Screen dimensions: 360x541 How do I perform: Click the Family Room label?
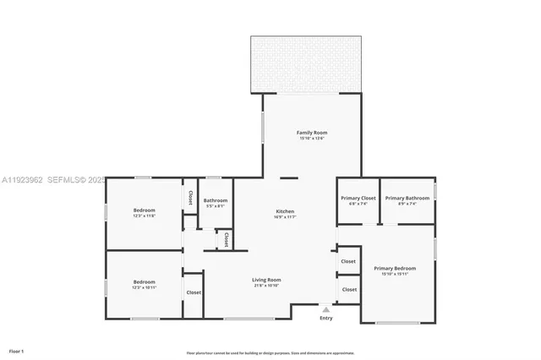[x=311, y=133]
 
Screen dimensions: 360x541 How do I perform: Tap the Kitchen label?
[x=285, y=211]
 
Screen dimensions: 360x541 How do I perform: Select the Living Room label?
[x=266, y=280]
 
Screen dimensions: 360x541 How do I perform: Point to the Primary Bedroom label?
[x=395, y=269]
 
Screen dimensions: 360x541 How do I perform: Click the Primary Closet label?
[x=358, y=198]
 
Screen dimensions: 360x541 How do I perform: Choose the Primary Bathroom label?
[x=407, y=198]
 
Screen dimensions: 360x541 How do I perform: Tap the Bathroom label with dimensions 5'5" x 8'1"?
[x=215, y=200]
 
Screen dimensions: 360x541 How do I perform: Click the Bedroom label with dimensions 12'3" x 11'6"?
[x=145, y=210]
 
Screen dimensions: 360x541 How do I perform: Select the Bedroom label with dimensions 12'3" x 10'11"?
[x=145, y=282]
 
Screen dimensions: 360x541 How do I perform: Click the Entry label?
[x=326, y=318]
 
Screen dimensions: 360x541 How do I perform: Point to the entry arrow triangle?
[x=326, y=309]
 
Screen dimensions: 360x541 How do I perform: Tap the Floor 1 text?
[x=16, y=350]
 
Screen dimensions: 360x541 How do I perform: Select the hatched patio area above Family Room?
[x=307, y=64]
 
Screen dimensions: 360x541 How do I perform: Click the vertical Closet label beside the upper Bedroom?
[x=190, y=198]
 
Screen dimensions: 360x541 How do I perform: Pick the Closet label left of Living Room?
[x=194, y=292]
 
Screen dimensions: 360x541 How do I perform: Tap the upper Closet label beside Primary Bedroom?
[x=348, y=262]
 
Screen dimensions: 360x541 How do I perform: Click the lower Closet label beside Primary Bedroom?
[x=348, y=290]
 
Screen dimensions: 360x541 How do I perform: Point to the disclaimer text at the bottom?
[x=270, y=352]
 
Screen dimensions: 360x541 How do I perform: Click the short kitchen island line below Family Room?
[x=289, y=177]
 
